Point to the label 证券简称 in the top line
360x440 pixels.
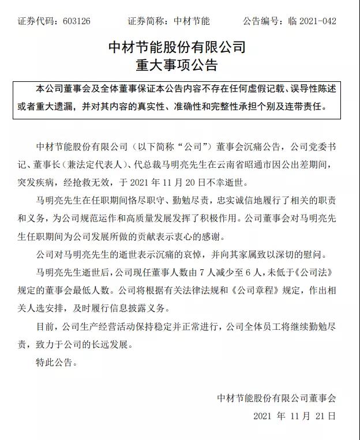[x=148, y=21]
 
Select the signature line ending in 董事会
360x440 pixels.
[x=276, y=398]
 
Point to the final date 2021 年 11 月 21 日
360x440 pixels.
[x=294, y=416]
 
